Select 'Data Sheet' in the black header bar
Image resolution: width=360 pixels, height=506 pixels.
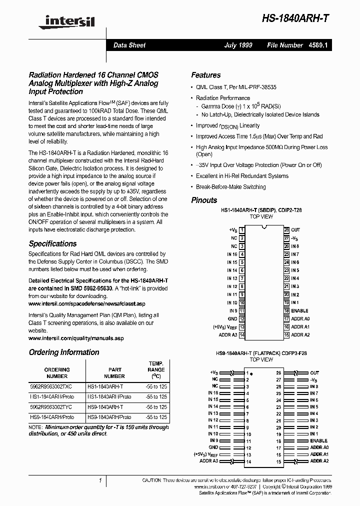point(129,45)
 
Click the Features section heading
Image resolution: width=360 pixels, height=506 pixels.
point(205,75)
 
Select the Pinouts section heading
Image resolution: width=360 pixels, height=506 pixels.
point(204,200)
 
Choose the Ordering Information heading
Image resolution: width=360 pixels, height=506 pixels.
point(64,352)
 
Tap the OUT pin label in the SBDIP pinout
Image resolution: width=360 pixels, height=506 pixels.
point(295,230)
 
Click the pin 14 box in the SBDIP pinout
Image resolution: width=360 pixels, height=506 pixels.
point(242,335)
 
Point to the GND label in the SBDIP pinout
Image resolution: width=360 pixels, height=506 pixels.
point(232,318)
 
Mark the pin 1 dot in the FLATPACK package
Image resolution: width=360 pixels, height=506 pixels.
point(251,374)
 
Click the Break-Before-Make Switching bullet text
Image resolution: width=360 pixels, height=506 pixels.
point(230,187)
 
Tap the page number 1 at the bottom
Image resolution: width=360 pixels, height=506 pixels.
point(100,480)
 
